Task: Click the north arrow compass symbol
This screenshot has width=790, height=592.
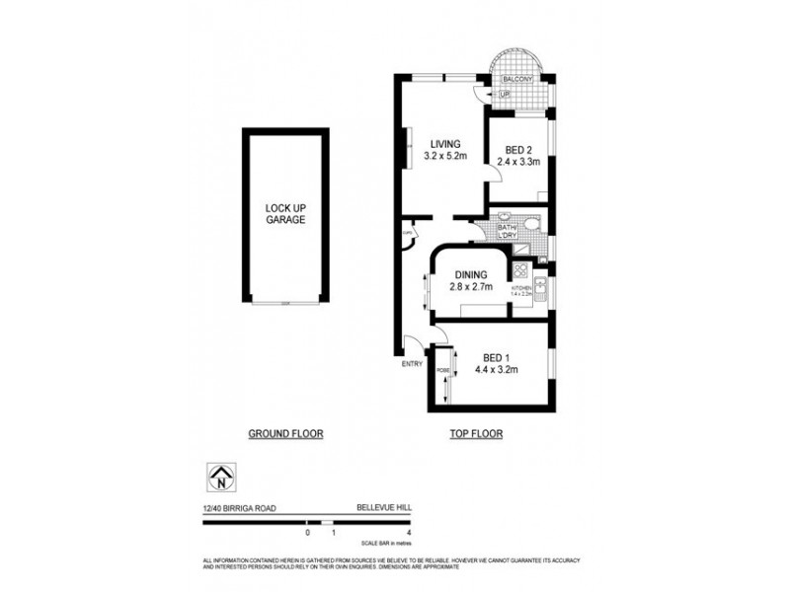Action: [220, 479]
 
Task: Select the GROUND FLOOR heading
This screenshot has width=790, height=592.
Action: [285, 433]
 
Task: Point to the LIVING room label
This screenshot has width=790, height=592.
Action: [443, 143]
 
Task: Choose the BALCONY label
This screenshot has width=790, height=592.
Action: [517, 79]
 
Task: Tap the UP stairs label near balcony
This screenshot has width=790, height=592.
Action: [504, 95]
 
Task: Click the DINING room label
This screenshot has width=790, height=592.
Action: [470, 275]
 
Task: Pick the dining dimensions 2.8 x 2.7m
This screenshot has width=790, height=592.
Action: [470, 287]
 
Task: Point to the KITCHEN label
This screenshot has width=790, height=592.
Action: [521, 287]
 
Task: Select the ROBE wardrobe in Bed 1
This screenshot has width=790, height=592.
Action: [442, 374]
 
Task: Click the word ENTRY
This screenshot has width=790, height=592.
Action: [412, 364]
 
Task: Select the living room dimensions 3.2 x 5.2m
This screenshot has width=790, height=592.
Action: [443, 156]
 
